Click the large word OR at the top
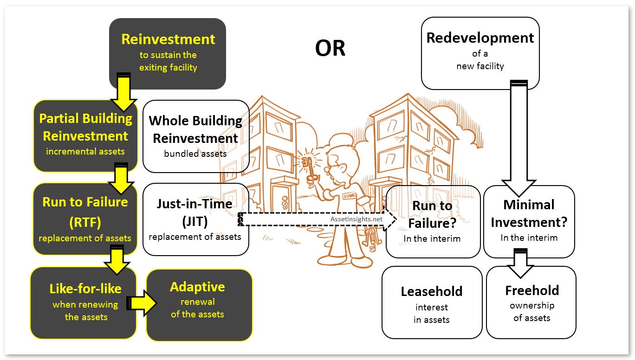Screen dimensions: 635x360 (330, 48)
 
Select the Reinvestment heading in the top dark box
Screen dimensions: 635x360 (168, 39)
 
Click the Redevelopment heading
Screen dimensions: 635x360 (480, 38)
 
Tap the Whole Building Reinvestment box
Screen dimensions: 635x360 (196, 136)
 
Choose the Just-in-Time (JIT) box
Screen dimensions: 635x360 (195, 219)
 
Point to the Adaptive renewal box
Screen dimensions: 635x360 (199, 305)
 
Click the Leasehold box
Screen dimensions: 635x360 (432, 302)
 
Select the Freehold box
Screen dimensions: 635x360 (531, 302)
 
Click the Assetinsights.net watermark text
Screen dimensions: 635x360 (356, 219)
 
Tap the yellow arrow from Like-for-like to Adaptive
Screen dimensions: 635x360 (141, 303)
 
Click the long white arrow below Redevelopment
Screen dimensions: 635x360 (519, 138)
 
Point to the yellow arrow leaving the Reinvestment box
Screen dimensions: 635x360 (123, 92)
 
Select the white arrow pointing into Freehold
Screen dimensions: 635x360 (520, 263)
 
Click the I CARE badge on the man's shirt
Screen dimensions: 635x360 (350, 195)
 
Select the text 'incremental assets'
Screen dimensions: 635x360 (85, 152)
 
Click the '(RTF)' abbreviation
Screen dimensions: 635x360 (85, 222)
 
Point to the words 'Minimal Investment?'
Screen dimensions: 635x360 (529, 213)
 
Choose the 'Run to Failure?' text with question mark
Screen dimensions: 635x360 (432, 214)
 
